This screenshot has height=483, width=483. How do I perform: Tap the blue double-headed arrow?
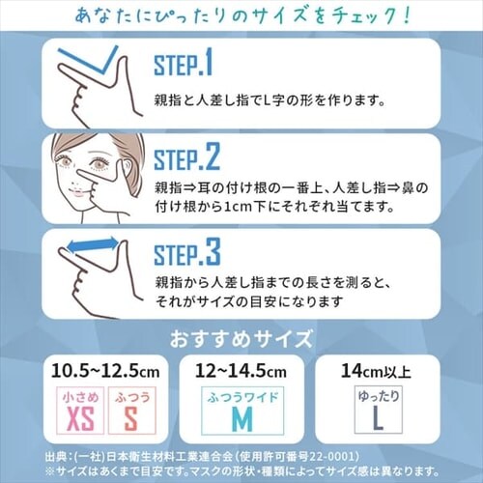pyautogui.click(x=93, y=245)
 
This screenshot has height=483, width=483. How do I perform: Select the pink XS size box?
pyautogui.click(x=80, y=410)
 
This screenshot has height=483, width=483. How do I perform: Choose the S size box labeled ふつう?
pyautogui.click(x=132, y=410)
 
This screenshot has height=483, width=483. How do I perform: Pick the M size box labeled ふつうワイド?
pyautogui.click(x=242, y=410)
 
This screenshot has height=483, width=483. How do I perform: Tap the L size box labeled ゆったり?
pyautogui.click(x=379, y=410)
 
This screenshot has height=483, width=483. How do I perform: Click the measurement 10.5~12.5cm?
pyautogui.click(x=105, y=371)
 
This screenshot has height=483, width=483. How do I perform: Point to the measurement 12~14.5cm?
pyautogui.click(x=241, y=371)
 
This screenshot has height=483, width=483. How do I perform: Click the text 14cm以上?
pyautogui.click(x=376, y=371)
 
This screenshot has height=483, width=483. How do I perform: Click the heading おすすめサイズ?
pyautogui.click(x=241, y=338)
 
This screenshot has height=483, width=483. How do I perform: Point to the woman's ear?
pyautogui.click(x=127, y=168)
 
